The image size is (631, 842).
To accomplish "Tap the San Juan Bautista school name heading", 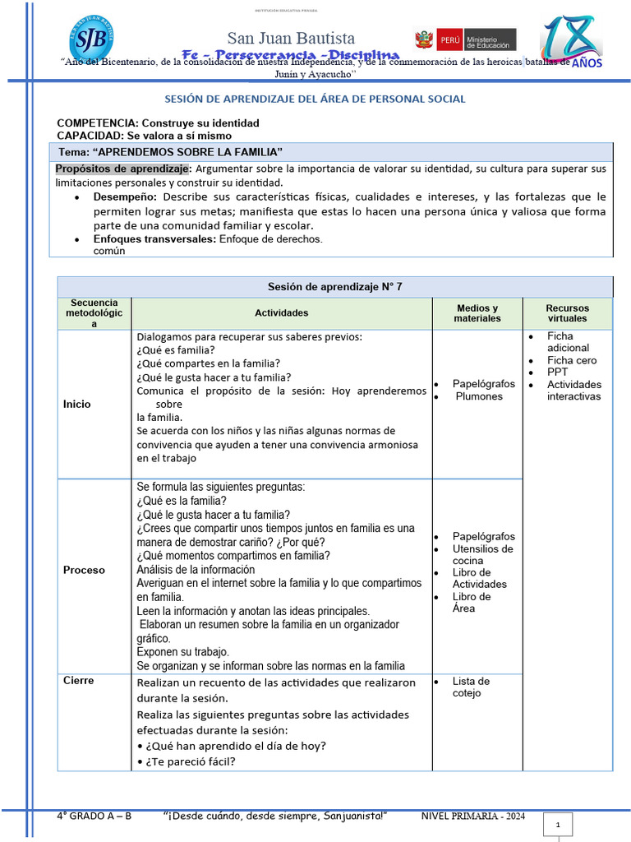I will pos(291,39).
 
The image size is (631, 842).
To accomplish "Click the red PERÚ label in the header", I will pos(449,39).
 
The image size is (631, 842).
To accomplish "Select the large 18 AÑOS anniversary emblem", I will pos(572,40).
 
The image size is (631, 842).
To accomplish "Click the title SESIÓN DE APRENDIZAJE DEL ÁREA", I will pos(315,99).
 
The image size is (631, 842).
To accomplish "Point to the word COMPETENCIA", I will pos(91,123).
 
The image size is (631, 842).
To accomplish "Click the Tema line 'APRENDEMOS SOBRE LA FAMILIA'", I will pos(171,152).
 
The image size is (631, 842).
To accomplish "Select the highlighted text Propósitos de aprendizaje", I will pos(122,169).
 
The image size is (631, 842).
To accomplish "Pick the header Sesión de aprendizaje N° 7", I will pos(334,286).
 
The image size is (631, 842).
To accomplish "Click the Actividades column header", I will pos(282,312).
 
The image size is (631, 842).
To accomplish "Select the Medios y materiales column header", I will pos(477,312).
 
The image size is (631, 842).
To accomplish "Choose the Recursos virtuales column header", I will pos(567,312).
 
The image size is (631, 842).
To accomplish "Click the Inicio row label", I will pos(77,404).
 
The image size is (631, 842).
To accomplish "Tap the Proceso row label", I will pos(84,569).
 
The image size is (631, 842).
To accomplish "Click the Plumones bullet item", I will pos(479,396).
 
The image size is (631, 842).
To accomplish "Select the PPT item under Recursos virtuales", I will pos(557,372).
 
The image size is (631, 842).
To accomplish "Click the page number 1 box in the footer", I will pos(557,824).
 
